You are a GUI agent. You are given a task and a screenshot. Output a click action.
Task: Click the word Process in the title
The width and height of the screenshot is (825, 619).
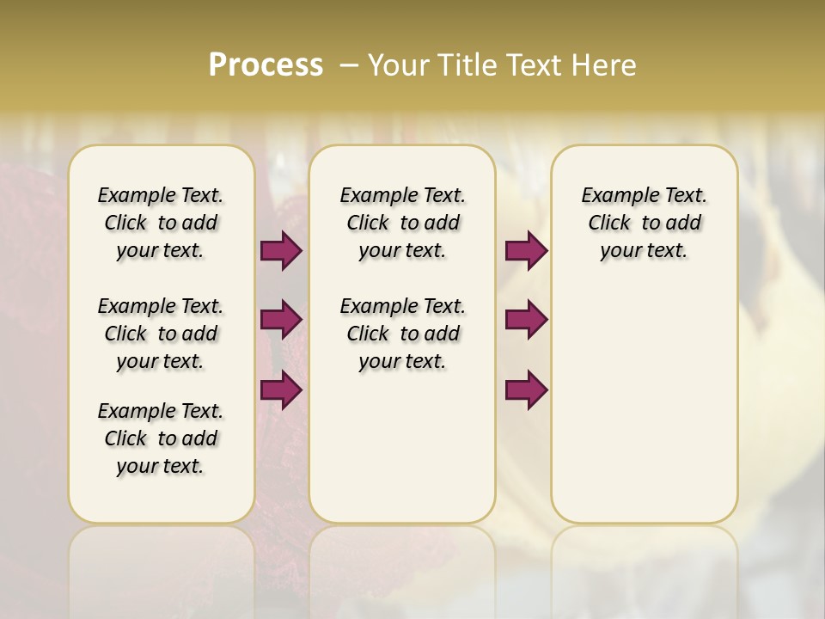tap(266, 65)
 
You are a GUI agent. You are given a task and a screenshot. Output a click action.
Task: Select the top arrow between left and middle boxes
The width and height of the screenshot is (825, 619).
tap(281, 251)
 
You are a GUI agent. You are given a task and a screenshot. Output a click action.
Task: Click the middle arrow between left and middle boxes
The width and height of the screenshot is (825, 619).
tap(281, 320)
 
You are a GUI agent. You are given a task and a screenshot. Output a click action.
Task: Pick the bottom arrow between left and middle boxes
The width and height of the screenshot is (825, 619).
tap(281, 389)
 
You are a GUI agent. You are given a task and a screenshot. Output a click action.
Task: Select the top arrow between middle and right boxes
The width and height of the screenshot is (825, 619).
tap(526, 251)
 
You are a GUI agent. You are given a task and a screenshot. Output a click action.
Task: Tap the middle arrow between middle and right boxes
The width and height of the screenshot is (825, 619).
tap(526, 320)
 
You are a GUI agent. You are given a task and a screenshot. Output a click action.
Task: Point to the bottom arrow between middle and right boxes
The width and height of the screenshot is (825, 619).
tap(526, 389)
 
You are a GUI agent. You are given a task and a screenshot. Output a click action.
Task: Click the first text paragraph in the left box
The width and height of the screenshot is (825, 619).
tap(161, 223)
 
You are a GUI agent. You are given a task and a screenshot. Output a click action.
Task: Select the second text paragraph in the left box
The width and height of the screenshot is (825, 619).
tap(161, 334)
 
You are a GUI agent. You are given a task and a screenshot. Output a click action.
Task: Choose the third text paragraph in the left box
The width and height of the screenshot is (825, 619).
tap(161, 438)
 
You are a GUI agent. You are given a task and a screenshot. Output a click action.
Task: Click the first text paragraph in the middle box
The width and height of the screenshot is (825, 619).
tap(402, 223)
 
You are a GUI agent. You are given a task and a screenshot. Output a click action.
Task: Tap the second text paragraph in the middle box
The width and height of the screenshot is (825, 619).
tap(402, 334)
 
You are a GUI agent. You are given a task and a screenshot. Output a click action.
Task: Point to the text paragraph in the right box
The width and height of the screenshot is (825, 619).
tap(645, 223)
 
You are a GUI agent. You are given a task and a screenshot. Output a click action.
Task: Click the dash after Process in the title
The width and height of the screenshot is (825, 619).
tap(349, 65)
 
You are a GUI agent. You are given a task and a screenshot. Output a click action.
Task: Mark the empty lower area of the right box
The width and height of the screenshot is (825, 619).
tap(645, 413)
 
